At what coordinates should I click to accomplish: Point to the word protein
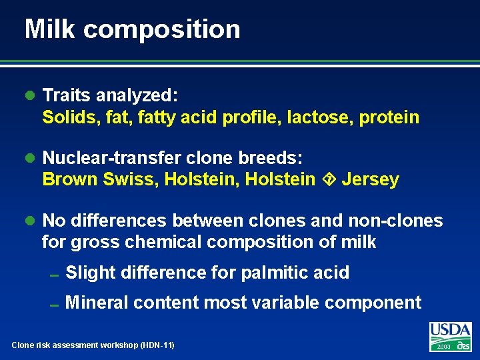[x=389, y=118]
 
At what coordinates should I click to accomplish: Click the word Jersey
[x=370, y=179]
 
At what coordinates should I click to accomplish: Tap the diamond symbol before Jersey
[x=329, y=179]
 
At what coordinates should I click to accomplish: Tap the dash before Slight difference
[x=55, y=275]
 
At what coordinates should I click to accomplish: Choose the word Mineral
[x=97, y=303]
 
